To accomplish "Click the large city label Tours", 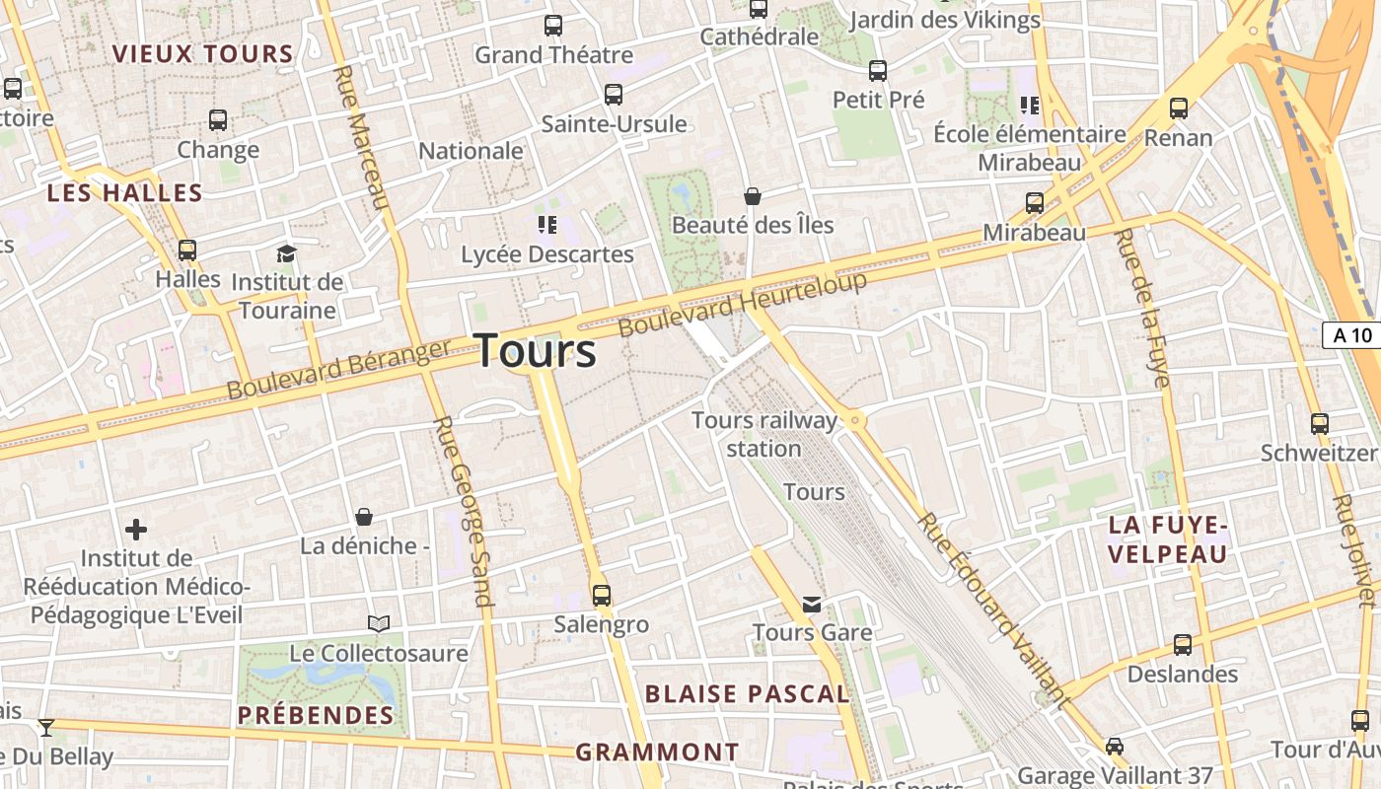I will click(537, 351).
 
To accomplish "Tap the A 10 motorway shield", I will click(1351, 335).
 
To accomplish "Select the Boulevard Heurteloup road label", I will click(743, 304).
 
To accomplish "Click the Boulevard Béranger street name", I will click(338, 370).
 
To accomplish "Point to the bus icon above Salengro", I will click(601, 596).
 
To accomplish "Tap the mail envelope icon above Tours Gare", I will click(812, 604).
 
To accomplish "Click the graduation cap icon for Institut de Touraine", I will click(286, 253).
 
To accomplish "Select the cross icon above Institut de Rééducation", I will click(136, 530).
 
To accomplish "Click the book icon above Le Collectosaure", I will click(379, 623).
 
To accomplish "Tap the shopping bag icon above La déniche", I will click(364, 517).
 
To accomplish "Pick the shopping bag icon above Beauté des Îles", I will click(753, 196).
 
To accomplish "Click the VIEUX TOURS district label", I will click(203, 54).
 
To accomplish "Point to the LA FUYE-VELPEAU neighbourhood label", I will click(1168, 538).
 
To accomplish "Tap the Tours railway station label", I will click(764, 434).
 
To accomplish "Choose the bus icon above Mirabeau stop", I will click(1035, 203).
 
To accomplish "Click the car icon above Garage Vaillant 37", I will click(1115, 747).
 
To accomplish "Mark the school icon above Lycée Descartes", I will click(547, 225).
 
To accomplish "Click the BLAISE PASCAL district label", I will click(747, 694).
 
